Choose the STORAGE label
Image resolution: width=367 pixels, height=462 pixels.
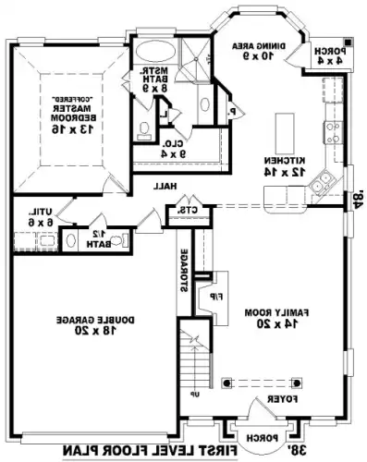(x=185, y=270)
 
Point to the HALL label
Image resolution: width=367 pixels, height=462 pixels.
(x=165, y=186)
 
